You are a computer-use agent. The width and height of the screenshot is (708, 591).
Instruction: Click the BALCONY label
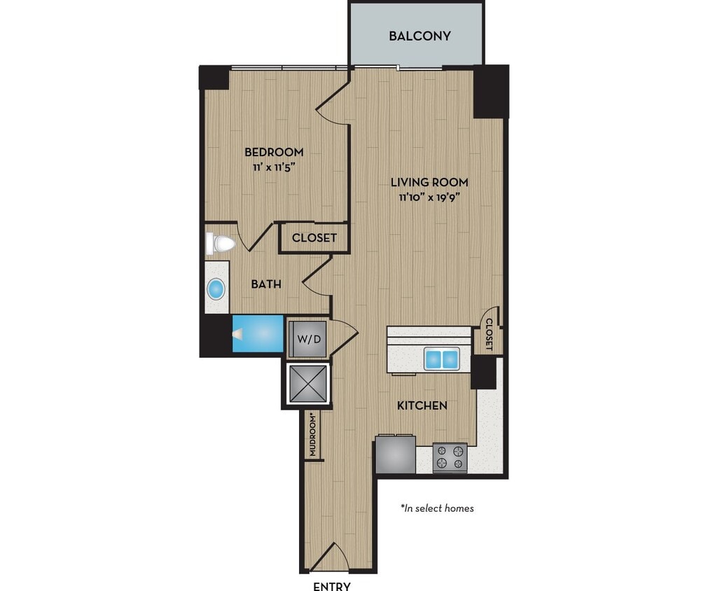pos(419,36)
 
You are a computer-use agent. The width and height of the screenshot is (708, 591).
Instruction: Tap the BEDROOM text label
pos(274,152)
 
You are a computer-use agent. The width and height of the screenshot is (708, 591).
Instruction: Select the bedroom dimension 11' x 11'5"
pos(274,167)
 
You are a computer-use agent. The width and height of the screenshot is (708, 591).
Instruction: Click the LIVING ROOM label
pos(429,182)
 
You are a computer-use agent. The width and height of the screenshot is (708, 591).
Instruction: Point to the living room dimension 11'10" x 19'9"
pos(429,197)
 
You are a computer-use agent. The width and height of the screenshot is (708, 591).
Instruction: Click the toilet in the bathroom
pos(221,244)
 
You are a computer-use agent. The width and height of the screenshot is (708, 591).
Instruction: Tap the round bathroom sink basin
pos(216,288)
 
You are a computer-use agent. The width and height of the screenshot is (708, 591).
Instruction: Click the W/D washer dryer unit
pos(308,339)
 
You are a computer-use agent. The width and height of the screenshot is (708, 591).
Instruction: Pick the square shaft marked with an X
pos(308,384)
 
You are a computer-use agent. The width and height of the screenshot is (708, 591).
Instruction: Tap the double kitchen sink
pos(441,359)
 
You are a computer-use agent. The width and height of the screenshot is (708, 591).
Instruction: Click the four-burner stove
pos(450,458)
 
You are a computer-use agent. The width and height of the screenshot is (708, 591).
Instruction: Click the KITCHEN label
pos(422,405)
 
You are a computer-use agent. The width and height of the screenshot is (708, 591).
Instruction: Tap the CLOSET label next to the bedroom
pos(314,238)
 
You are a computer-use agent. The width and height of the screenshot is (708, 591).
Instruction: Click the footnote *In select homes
pos(437,508)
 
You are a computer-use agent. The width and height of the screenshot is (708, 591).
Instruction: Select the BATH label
pos(266,284)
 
